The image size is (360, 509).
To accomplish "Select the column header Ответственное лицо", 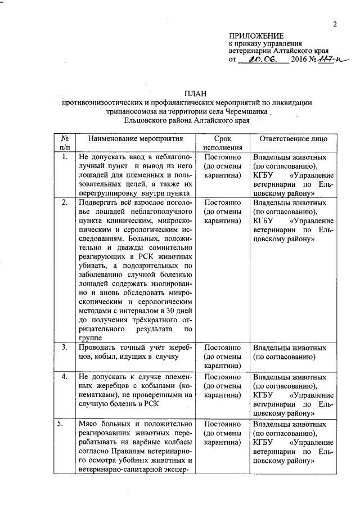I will coord(291,138).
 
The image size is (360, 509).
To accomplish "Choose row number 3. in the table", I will coord(65,347).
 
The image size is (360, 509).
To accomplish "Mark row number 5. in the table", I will coord(65,424).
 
